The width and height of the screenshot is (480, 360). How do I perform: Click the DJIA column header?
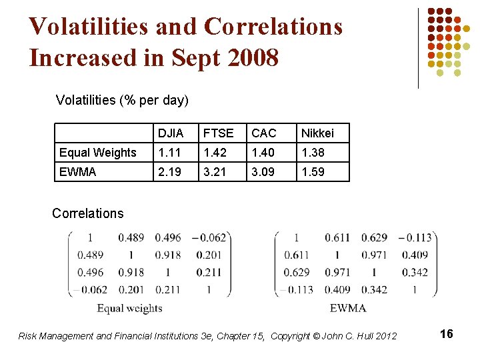(x=170, y=133)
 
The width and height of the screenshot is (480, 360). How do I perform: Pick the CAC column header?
(x=264, y=133)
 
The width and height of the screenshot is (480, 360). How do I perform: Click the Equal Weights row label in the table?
(x=97, y=153)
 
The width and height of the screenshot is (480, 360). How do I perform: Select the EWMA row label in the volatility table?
(x=77, y=172)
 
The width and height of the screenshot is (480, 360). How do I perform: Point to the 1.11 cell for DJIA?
(x=169, y=153)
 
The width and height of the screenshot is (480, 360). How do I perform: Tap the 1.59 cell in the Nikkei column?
(x=313, y=172)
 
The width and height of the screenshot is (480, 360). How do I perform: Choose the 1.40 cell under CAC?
(x=263, y=153)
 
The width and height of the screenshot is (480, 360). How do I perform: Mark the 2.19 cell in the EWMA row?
(x=169, y=172)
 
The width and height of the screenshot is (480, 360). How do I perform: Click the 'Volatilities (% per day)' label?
(x=122, y=101)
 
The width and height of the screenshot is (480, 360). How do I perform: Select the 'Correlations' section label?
(x=87, y=213)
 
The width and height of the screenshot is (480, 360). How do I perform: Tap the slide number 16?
(x=447, y=334)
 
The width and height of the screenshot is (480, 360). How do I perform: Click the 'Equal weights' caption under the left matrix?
(x=129, y=308)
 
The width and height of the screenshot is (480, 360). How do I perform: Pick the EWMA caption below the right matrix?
(x=348, y=308)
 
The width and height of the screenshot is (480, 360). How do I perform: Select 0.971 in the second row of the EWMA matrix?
(x=375, y=255)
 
